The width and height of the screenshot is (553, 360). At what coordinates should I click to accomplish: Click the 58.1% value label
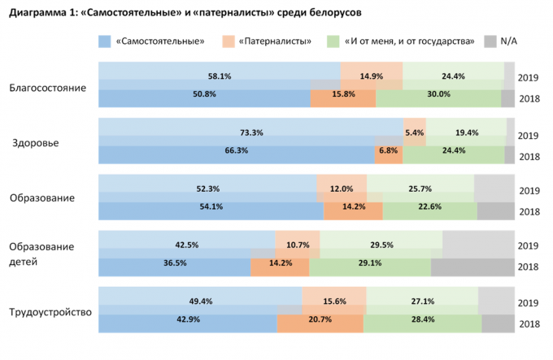(x=220, y=77)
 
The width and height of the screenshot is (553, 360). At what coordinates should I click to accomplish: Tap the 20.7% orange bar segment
(x=320, y=323)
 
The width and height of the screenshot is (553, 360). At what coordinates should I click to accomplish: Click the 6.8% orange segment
(x=388, y=150)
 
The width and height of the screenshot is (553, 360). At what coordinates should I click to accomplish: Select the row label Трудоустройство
(x=50, y=312)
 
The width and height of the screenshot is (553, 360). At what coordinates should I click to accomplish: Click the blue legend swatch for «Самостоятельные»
(x=103, y=41)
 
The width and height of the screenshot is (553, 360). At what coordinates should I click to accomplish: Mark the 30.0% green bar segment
(x=438, y=94)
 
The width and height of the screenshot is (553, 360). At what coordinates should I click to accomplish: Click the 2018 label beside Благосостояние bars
(x=529, y=98)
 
